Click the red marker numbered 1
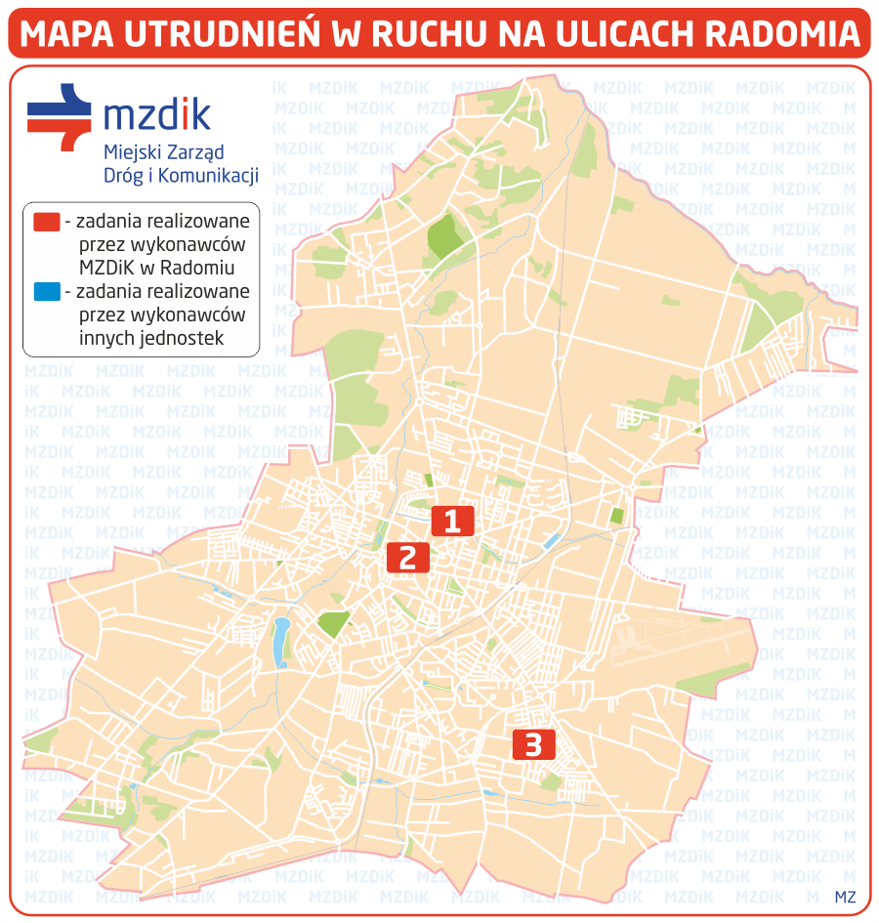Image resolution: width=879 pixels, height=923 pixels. tap(452, 521)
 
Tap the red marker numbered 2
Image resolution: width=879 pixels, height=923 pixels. tap(408, 557)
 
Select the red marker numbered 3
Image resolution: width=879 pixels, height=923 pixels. tap(533, 745)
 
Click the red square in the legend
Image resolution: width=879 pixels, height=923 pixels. tap(46, 221)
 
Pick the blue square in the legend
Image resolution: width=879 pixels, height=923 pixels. tap(46, 291)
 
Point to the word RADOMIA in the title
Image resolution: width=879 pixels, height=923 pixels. tap(781, 34)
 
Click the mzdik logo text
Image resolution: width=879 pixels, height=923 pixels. tap(156, 115)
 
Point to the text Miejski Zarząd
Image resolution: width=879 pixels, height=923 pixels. tap(150, 152)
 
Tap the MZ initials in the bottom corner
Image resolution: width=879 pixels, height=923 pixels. tap(845, 897)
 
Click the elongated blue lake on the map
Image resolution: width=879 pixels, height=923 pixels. tap(281, 640)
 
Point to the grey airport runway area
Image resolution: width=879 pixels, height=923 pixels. tap(674, 645)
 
